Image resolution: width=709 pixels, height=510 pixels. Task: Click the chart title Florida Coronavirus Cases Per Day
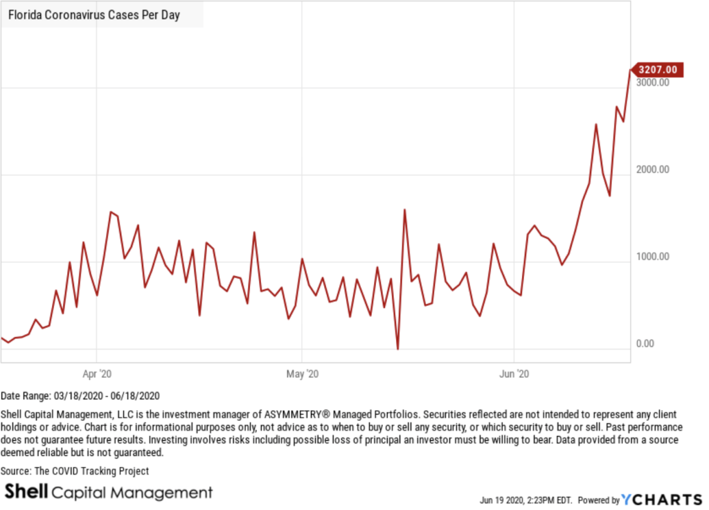94,15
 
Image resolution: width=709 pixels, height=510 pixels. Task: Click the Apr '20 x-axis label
96,374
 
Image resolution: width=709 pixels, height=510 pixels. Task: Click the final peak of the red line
630,70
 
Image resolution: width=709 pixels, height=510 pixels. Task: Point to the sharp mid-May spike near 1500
404,210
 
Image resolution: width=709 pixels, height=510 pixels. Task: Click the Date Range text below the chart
80,396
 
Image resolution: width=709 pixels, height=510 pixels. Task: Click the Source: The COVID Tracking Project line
75,471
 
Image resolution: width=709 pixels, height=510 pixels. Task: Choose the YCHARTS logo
662,500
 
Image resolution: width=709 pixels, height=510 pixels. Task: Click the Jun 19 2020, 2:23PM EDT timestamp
526,500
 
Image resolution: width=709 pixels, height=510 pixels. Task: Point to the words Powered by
599,500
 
